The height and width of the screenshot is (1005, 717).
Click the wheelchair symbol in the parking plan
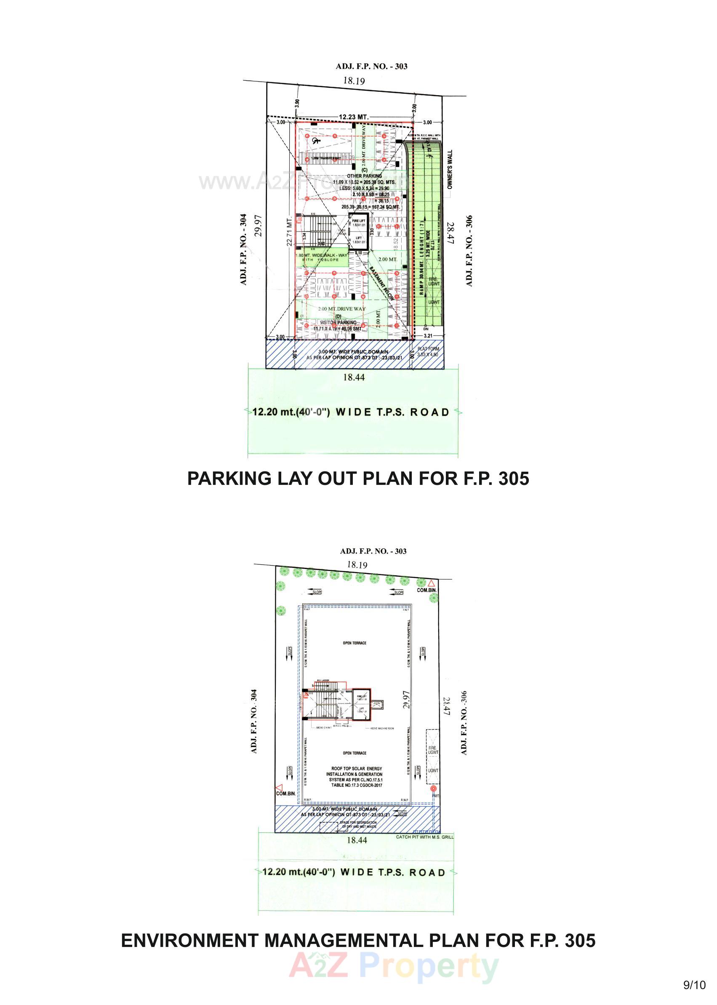315,141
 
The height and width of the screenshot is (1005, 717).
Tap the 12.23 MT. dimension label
353,117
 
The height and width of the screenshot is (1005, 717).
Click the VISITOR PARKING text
338,323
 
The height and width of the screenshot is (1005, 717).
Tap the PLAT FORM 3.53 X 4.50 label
428,351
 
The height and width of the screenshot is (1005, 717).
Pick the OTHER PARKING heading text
364,175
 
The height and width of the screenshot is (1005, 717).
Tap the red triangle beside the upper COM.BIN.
432,583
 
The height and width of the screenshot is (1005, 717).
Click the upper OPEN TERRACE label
355,643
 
